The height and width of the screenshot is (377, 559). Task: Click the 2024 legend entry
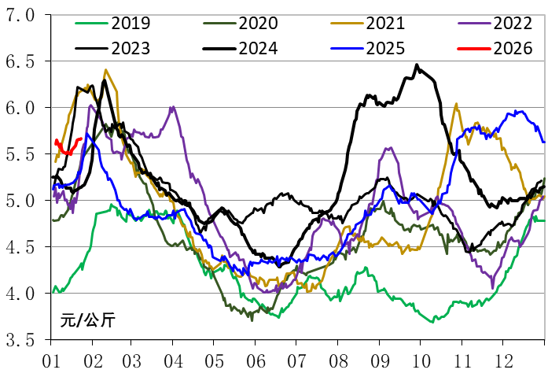point(257,49)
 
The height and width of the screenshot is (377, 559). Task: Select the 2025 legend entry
point(383,49)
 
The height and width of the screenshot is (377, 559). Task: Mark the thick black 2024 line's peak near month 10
point(417,65)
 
